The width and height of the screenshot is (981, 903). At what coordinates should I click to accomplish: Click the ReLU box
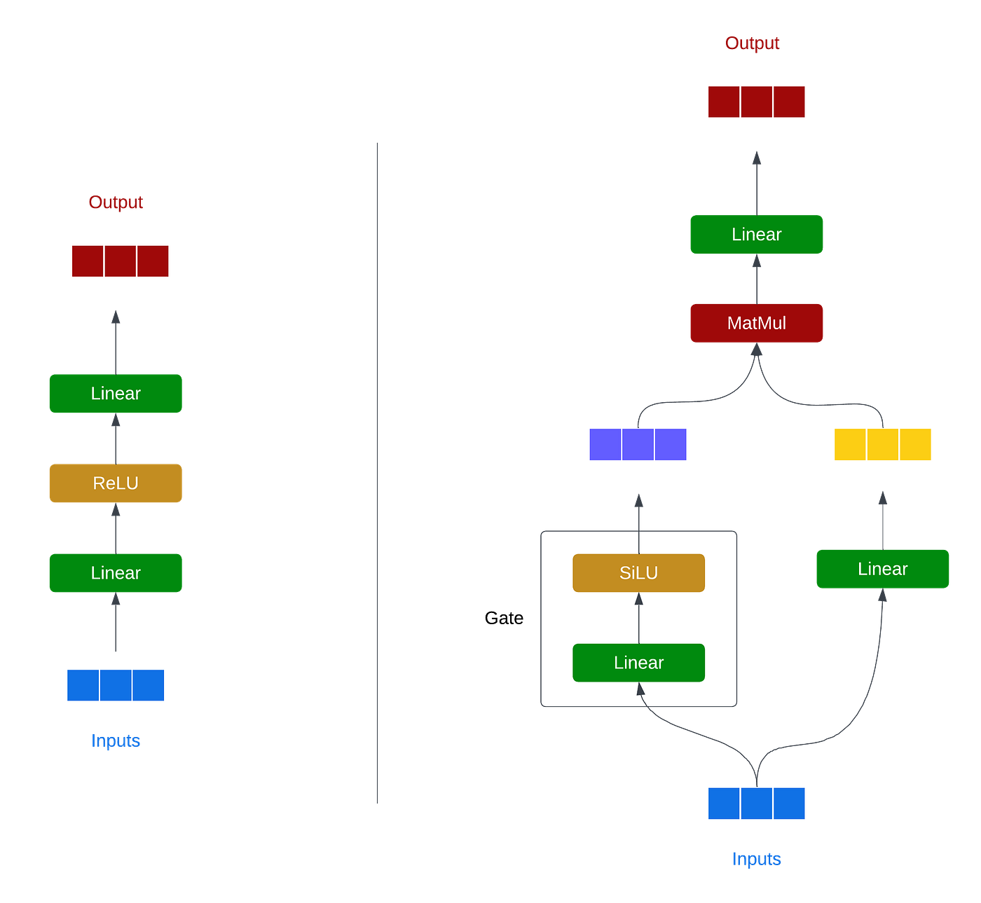point(116,483)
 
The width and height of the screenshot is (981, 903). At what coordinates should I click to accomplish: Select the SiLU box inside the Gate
point(638,573)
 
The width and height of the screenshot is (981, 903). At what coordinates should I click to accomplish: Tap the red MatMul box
point(757,323)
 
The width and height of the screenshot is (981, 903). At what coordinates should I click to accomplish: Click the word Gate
point(504,618)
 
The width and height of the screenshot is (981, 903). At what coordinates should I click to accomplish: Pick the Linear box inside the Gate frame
point(638,663)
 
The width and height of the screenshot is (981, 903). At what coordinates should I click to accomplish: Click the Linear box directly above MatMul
point(757,234)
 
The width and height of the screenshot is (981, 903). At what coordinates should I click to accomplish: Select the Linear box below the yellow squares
point(883,569)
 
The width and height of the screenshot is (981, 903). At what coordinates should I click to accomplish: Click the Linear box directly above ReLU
point(116,394)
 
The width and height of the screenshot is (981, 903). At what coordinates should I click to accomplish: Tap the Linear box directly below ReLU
point(116,573)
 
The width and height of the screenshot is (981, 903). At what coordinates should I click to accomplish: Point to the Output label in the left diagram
point(116,202)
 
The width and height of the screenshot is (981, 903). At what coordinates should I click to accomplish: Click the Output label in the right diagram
point(752,43)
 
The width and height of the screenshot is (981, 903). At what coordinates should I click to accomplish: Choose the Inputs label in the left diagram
point(116,740)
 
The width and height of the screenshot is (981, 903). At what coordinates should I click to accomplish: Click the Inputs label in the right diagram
point(757,859)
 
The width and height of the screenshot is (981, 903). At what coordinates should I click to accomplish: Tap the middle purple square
point(638,444)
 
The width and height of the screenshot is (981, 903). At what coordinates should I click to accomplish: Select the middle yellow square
point(883,444)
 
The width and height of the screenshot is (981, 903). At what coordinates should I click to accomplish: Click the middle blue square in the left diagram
point(116,685)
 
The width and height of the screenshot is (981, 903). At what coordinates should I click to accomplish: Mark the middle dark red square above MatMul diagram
point(757,102)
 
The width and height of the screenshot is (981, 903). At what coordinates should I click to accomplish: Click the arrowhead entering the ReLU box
point(116,509)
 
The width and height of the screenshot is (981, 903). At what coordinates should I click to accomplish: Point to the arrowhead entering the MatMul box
point(757,349)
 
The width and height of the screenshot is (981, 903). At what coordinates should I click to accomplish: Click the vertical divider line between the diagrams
point(378,474)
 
